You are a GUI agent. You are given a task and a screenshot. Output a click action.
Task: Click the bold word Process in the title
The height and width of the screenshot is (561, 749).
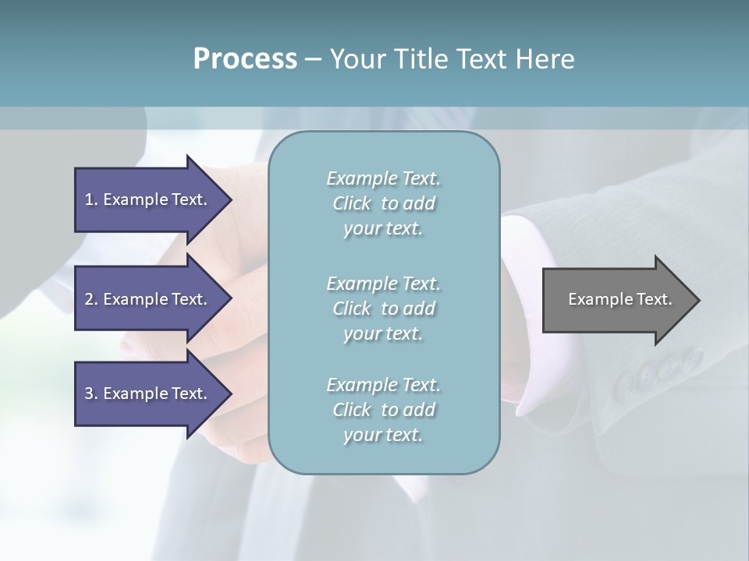(245, 59)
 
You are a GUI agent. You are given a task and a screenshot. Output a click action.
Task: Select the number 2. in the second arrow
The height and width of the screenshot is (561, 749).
(91, 299)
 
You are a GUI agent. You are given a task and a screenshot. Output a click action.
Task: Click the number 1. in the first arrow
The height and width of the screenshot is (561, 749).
(91, 199)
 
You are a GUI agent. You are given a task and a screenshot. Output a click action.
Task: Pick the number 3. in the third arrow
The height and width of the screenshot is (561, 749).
(91, 393)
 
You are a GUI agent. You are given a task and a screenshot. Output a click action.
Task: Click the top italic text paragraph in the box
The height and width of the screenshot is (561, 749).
(383, 203)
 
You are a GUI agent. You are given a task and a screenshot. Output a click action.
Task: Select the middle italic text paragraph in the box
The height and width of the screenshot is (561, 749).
(383, 309)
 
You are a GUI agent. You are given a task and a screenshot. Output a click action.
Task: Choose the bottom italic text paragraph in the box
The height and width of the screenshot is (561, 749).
(383, 410)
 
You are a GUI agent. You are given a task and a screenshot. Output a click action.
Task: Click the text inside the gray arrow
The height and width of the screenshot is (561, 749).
(620, 299)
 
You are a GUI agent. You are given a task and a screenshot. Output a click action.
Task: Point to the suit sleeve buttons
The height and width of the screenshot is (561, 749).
(655, 372)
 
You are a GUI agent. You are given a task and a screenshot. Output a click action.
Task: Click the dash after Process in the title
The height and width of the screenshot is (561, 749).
(313, 59)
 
